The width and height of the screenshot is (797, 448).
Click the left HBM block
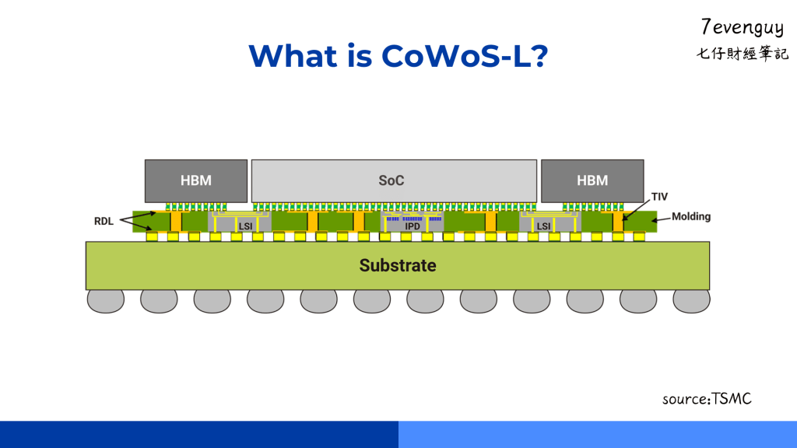tap(195, 180)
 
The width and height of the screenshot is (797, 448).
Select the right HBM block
tap(592, 180)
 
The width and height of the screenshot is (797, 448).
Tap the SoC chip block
tap(394, 180)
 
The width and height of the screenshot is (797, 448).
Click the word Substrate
tap(398, 265)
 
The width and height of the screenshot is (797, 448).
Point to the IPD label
tap(413, 226)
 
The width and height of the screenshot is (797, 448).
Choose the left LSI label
tap(245, 226)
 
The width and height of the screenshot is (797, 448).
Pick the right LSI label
tap(543, 226)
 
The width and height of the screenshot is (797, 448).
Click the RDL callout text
tap(104, 221)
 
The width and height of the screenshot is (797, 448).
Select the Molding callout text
tap(690, 216)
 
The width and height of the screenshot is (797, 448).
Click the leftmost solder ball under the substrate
tap(106, 300)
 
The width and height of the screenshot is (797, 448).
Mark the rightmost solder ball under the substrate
tap(691, 300)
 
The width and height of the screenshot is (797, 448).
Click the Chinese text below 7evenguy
tap(742, 54)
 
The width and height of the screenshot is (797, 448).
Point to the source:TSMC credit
tap(707, 399)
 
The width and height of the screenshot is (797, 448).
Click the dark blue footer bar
tap(199, 434)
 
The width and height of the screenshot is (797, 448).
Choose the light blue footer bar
tap(598, 434)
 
